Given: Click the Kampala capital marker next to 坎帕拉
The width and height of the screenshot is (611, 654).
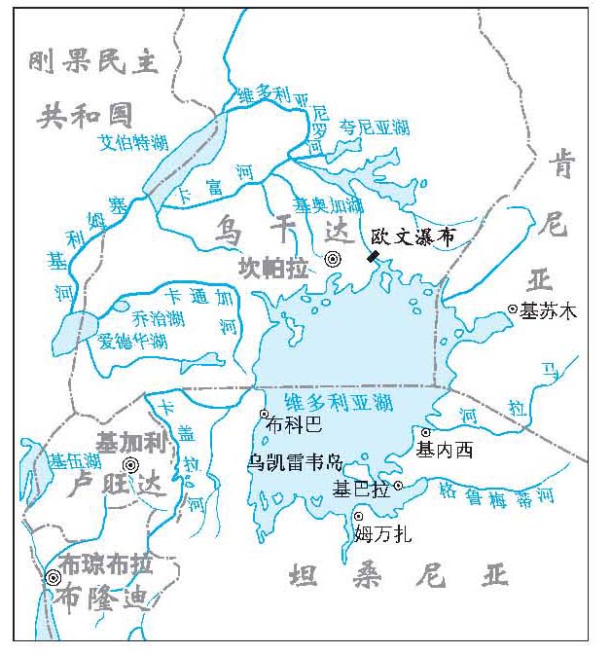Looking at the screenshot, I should [x=334, y=259].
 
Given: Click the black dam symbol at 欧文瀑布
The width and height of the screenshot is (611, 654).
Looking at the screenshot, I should [x=373, y=256].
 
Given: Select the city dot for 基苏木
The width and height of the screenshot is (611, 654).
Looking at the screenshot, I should [x=513, y=309].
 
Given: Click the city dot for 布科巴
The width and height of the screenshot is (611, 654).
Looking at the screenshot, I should [x=264, y=414].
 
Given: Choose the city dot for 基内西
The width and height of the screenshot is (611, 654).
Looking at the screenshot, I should [x=425, y=432].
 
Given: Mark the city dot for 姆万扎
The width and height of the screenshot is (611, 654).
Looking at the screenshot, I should [x=358, y=516].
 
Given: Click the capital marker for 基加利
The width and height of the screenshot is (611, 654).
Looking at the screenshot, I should [x=130, y=465].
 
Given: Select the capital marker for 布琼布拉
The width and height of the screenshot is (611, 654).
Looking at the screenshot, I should [x=53, y=577].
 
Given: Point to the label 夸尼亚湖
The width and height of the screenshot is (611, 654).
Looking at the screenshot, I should [x=374, y=127].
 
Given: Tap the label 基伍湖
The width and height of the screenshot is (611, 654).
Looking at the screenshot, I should [x=76, y=460].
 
